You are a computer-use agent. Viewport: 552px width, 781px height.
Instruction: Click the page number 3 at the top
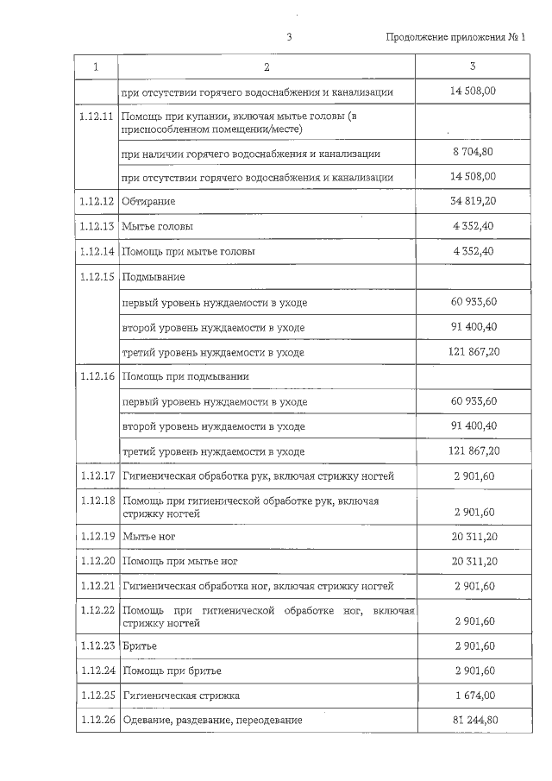[290, 37]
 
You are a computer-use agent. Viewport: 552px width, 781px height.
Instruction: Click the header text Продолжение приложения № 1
[455, 37]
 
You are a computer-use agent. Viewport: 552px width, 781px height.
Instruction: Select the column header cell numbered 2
[267, 66]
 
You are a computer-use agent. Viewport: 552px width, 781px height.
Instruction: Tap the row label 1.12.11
[96, 117]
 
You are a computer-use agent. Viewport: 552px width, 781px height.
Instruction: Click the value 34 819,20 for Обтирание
[473, 201]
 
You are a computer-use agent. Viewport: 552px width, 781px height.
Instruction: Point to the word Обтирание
[149, 201]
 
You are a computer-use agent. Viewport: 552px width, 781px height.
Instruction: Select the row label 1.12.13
[96, 226]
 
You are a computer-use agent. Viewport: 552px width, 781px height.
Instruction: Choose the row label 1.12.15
[96, 276]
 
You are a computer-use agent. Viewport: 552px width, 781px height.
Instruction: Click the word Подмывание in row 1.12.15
[154, 277]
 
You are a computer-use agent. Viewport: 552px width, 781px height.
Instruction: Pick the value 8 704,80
[473, 153]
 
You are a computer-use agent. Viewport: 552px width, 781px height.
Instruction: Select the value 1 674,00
[473, 695]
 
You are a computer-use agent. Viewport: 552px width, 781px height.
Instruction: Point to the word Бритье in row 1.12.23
[140, 646]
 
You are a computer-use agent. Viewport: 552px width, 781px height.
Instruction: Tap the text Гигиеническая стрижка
[181, 695]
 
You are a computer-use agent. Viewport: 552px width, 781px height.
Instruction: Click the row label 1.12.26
[96, 720]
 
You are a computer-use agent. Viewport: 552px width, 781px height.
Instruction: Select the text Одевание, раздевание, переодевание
[212, 720]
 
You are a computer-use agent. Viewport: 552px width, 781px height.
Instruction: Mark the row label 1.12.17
[96, 476]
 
